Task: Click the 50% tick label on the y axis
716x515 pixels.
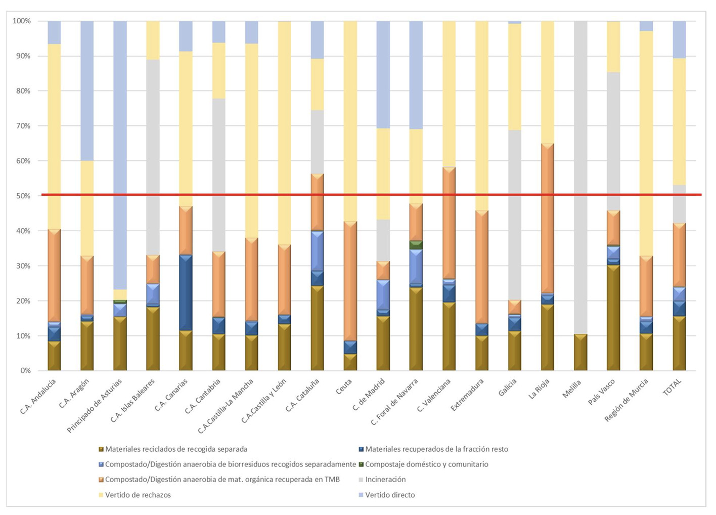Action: [x=22, y=196]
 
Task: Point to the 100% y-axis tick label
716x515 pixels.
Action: [x=21, y=21]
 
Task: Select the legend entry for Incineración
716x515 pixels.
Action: [x=385, y=479]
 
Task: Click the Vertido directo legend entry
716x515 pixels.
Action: [x=390, y=495]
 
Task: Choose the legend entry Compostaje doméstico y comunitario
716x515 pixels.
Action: [x=426, y=464]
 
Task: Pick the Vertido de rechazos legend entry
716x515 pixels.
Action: [x=138, y=495]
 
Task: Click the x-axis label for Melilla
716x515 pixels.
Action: [x=571, y=390]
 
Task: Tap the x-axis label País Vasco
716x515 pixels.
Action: [x=602, y=393]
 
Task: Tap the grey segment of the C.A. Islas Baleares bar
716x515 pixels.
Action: [x=153, y=157]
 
